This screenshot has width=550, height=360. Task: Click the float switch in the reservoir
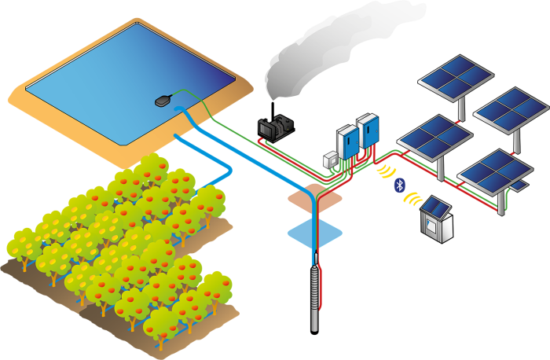pos(164,100)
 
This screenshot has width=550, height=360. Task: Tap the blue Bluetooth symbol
pos(398,186)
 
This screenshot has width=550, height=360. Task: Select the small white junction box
pos(331,161)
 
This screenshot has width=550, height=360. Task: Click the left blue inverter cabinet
pos(346,141)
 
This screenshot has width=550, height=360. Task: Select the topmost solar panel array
pos(455,75)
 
